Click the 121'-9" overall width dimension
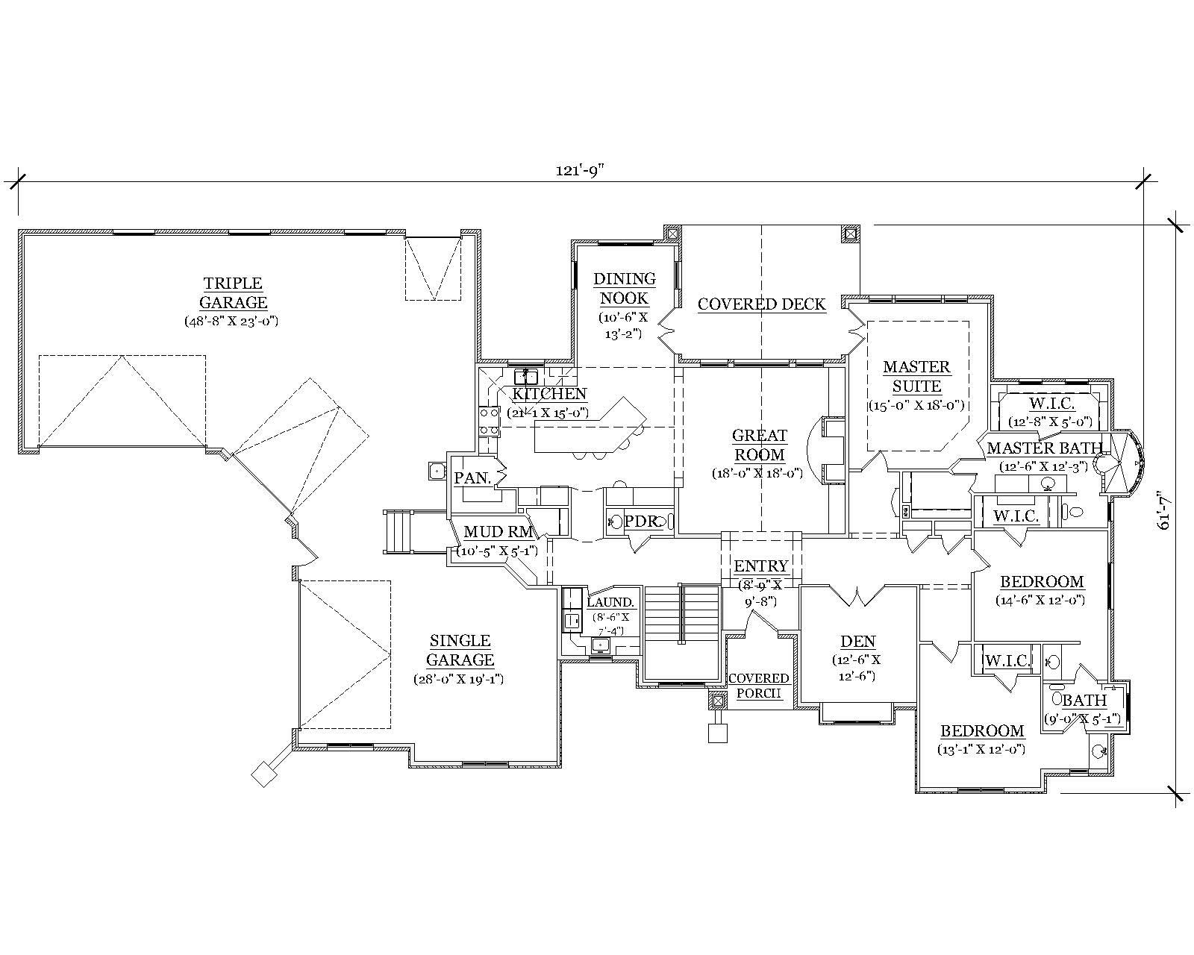pos(578,169)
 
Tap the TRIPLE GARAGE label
pos(233,292)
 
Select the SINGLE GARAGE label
pos(460,650)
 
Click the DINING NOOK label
pos(625,288)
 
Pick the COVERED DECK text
pos(761,304)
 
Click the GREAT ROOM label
pos(759,445)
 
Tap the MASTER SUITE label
pos(916,376)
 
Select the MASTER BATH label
pos(1044,448)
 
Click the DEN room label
pos(857,641)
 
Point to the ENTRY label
pos(760,566)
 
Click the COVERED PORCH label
pos(759,685)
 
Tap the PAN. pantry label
pos(472,478)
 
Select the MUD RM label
pos(498,532)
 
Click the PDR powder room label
pos(640,522)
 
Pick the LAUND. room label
pos(610,602)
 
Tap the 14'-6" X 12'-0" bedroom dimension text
pos(1041,600)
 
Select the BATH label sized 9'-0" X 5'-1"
pos(1084,701)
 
